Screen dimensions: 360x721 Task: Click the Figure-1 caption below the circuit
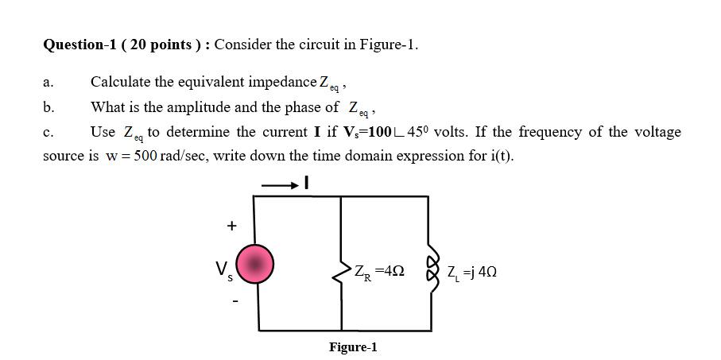click(353, 347)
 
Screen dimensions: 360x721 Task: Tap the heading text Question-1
click(76, 45)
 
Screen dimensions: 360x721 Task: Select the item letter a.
click(48, 83)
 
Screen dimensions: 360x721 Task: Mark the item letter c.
click(48, 132)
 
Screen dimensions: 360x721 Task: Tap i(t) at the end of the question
click(499, 155)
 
